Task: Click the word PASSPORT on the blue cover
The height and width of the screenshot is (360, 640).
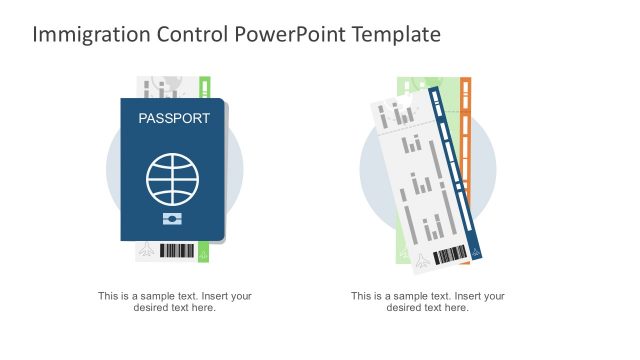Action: [174, 118]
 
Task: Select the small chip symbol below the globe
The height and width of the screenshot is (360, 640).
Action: [173, 218]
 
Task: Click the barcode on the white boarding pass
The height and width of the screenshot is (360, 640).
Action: [451, 255]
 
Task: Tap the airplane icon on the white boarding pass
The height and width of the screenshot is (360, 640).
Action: [422, 262]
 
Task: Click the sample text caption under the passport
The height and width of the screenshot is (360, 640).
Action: [174, 301]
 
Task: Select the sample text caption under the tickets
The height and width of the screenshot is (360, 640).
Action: [427, 301]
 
